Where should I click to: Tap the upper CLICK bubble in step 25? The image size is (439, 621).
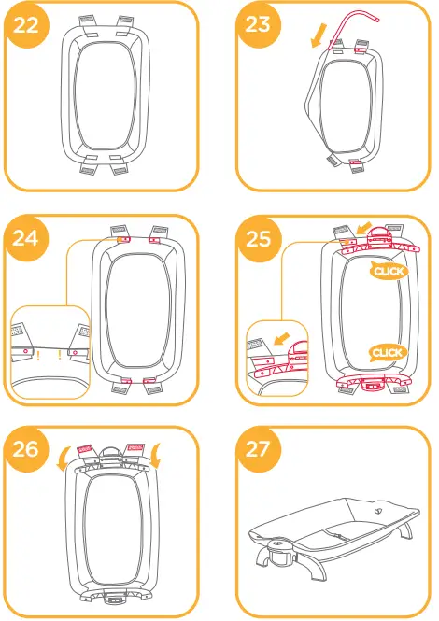[387, 271]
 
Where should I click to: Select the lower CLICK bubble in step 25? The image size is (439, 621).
[386, 352]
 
